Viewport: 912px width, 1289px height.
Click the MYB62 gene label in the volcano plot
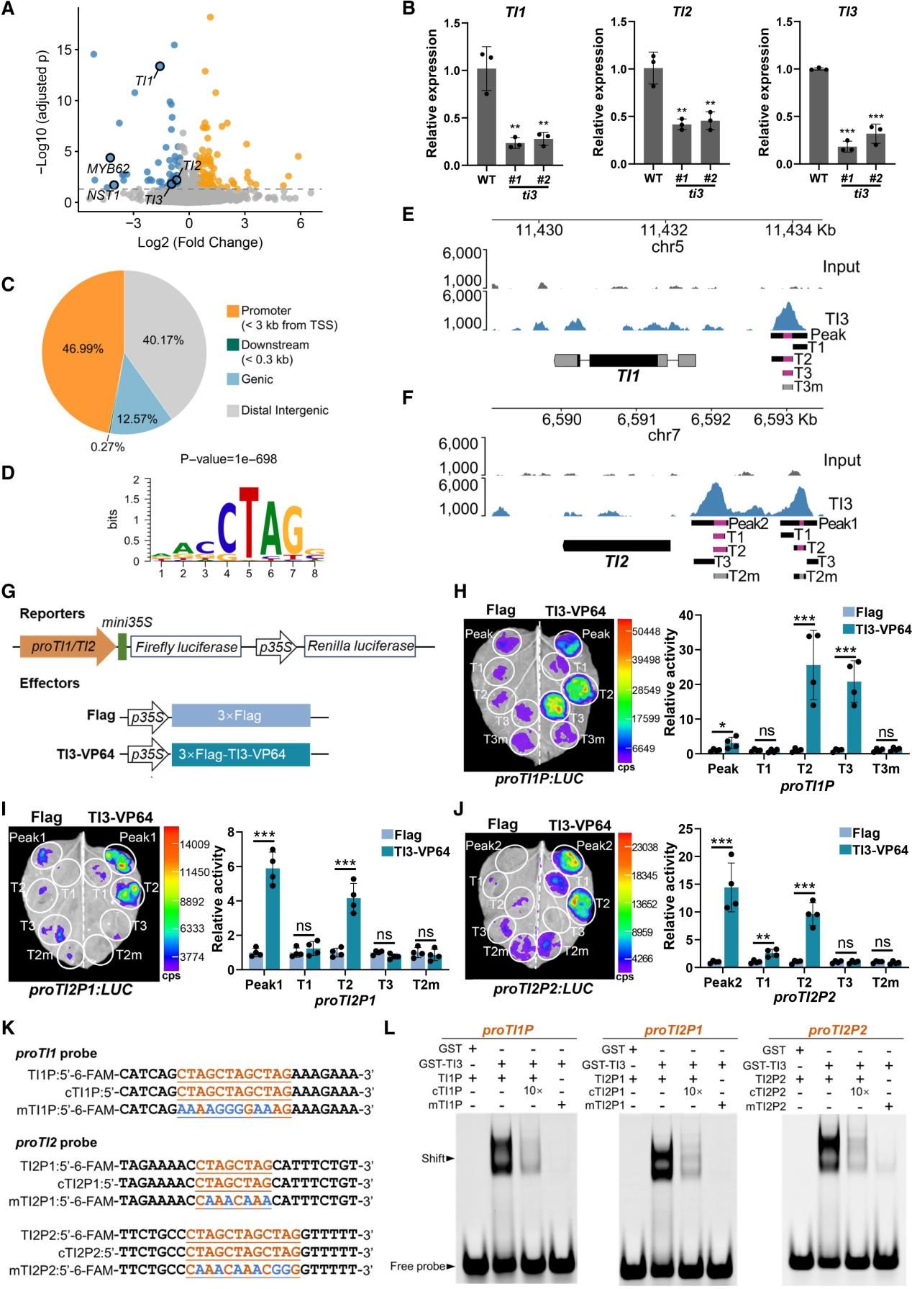(108, 168)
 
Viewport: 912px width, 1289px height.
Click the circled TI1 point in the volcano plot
(160, 66)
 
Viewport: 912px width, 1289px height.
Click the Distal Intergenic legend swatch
(232, 410)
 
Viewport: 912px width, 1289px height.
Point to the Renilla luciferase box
(360, 646)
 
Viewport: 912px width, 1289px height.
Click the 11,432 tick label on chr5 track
(663, 230)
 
